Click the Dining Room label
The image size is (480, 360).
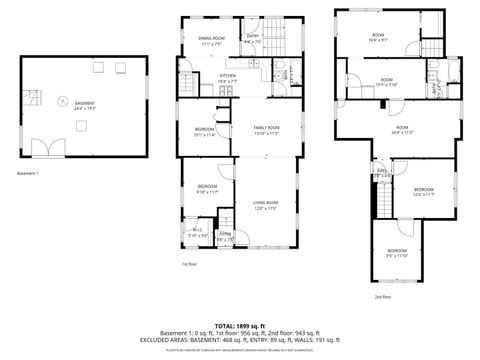click(x=210, y=41)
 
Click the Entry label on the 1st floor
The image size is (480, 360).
click(x=253, y=40)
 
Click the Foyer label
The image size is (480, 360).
click(x=225, y=237)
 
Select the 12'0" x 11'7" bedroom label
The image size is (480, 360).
click(x=423, y=192)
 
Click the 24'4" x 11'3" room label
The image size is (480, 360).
click(x=402, y=129)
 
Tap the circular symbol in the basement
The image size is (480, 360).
click(x=61, y=101)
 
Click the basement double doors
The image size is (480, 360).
click(x=42, y=149)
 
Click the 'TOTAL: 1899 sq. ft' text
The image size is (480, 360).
click(x=240, y=325)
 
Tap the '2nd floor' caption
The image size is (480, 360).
click(x=382, y=297)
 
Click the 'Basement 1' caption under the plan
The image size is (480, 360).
click(x=29, y=174)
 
